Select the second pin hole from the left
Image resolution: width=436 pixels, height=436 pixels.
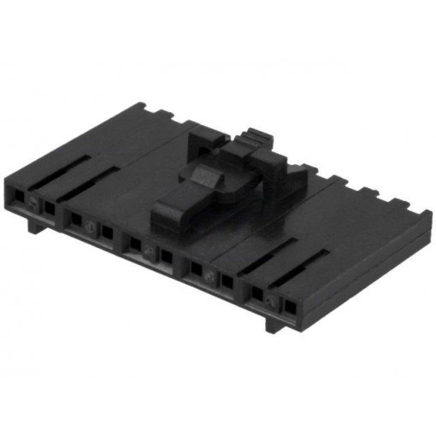click(x=50, y=208)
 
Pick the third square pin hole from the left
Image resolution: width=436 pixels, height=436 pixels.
click(x=76, y=220)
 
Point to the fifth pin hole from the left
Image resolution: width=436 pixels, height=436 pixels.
click(x=134, y=244)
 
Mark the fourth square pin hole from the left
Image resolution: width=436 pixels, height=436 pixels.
click(x=106, y=232)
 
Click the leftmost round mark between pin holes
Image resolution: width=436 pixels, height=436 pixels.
click(x=33, y=203)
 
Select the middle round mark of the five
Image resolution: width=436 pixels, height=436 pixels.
click(x=150, y=250)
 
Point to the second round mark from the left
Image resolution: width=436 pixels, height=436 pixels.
click(x=91, y=226)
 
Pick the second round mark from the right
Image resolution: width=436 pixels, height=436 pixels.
click(x=211, y=275)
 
